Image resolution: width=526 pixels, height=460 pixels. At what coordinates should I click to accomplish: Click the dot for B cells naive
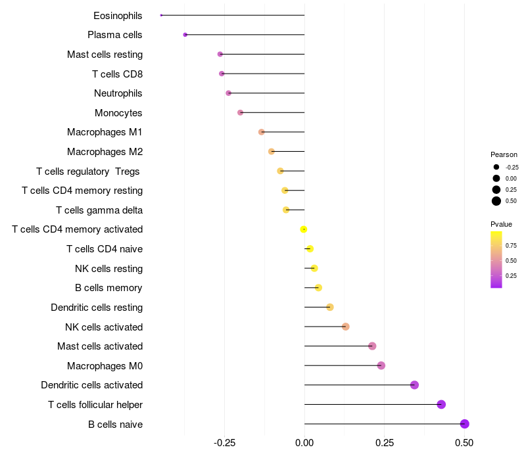[465, 424]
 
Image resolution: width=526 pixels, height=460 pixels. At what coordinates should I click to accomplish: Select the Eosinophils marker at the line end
[161, 15]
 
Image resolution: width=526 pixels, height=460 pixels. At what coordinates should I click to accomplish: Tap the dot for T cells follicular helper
[441, 404]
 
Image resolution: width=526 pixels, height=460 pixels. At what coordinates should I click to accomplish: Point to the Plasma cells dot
[185, 35]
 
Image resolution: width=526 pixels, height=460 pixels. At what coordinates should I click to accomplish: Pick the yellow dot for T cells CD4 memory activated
[304, 229]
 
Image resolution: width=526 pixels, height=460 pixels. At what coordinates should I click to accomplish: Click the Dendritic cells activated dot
[414, 385]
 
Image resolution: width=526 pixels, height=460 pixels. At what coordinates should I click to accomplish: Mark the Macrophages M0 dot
[381, 365]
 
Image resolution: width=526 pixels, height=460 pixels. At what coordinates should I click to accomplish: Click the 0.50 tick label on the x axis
[464, 444]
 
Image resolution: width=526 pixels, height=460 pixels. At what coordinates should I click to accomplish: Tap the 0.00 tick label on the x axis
[304, 444]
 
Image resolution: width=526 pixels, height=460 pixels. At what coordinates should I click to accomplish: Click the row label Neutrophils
[118, 93]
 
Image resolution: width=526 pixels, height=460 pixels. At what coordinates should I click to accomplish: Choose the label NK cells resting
[108, 268]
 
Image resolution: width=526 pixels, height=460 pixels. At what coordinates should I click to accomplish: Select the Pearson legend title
[504, 154]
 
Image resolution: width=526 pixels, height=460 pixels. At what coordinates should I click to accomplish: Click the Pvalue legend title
[502, 224]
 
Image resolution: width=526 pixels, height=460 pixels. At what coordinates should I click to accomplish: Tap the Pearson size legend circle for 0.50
[496, 201]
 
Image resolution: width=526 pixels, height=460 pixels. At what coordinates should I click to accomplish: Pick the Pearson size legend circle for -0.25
[496, 167]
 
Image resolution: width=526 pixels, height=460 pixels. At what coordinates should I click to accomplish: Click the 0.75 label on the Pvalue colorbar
[511, 246]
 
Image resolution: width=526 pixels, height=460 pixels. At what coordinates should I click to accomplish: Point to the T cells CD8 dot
[222, 74]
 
